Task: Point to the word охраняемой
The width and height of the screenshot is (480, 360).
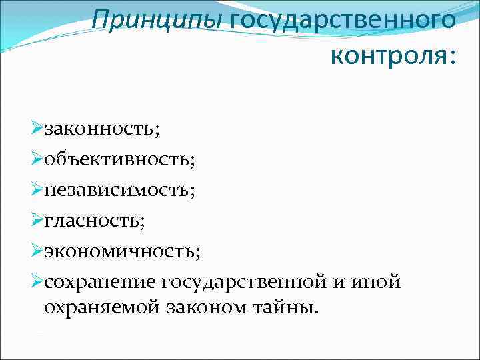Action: [x=104, y=307]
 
